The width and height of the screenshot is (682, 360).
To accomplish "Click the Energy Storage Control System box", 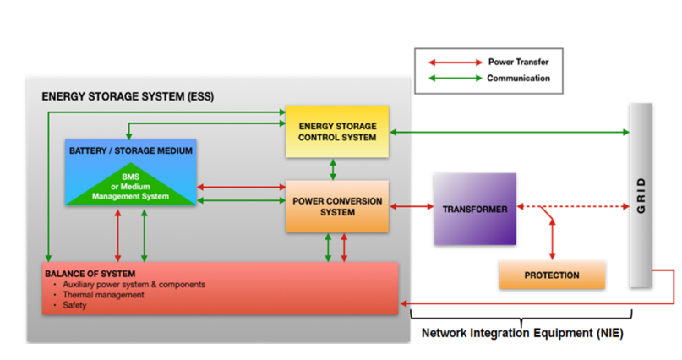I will pyautogui.click(x=336, y=132).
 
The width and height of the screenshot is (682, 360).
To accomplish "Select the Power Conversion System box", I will pyautogui.click(x=336, y=206).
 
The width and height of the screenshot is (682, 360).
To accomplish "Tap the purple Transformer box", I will pyautogui.click(x=474, y=209).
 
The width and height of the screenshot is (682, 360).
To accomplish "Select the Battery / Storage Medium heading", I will pyautogui.click(x=130, y=151).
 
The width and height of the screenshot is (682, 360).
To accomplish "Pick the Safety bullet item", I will pyautogui.click(x=75, y=305).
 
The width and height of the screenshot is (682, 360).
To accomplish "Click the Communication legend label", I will pyautogui.click(x=518, y=78).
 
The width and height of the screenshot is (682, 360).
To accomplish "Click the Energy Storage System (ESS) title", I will pyautogui.click(x=128, y=96).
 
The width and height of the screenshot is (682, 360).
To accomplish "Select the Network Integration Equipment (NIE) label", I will pyautogui.click(x=521, y=333).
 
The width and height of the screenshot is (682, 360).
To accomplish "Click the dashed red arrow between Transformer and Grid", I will pyautogui.click(x=583, y=208).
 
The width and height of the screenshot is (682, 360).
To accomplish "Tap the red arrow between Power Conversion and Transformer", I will pyautogui.click(x=411, y=207).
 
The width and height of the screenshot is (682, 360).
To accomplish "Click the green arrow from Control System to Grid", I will pyautogui.click(x=507, y=132).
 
